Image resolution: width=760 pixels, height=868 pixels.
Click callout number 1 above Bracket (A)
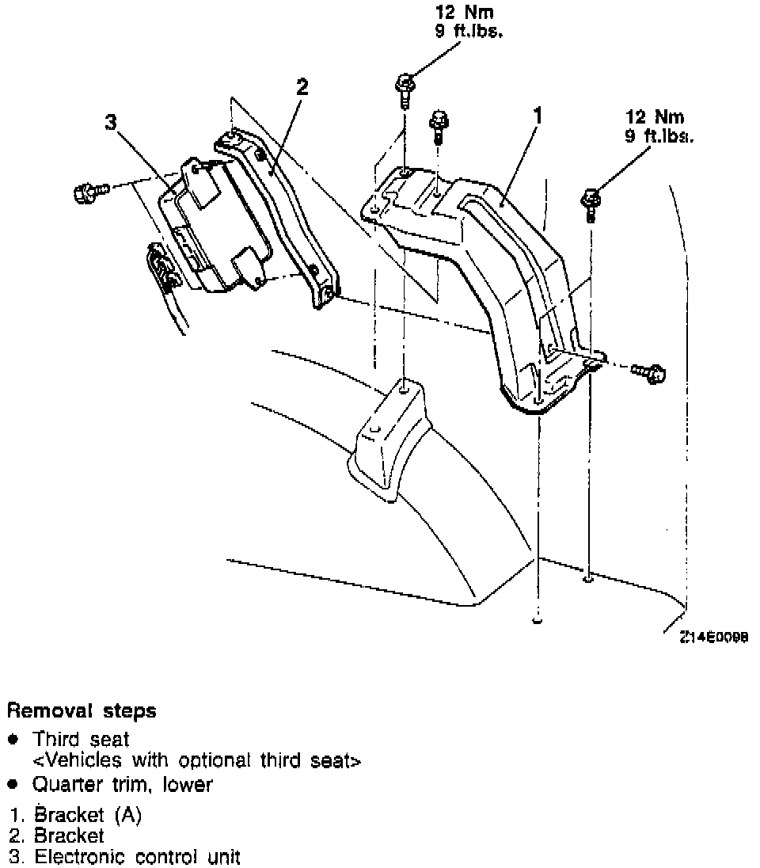538,116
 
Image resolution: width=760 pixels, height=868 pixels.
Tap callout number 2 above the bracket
302,87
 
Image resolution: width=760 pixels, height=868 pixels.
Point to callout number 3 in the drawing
111,122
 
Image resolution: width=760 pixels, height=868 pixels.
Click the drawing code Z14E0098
712,636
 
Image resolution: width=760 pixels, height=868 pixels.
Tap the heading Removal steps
82,710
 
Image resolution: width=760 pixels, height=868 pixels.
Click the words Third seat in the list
81,739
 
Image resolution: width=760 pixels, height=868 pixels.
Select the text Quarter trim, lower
122,785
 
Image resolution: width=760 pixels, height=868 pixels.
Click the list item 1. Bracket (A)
76,815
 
